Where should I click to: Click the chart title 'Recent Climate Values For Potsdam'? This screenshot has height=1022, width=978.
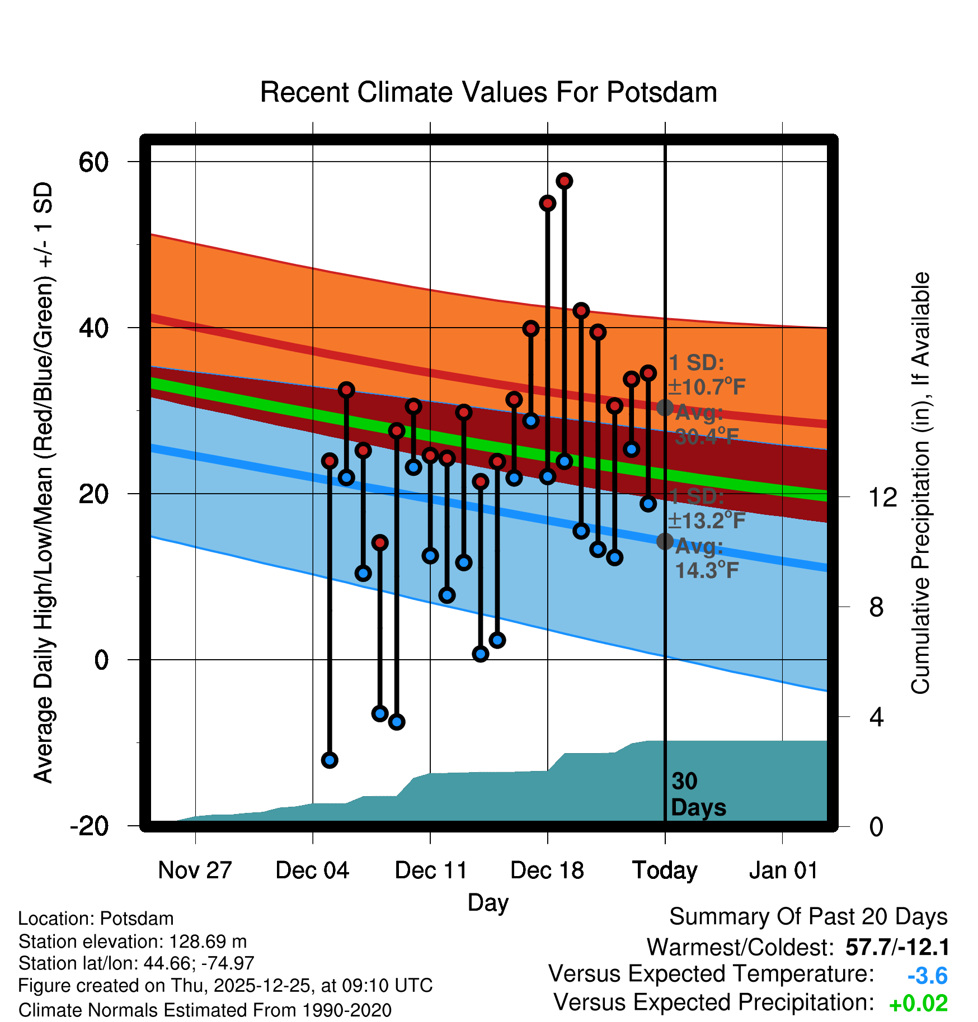coord(488,92)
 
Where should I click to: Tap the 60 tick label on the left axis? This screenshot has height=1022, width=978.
coord(94,162)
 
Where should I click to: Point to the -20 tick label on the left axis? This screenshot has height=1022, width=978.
coord(90,826)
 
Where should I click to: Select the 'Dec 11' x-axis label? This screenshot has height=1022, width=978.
coord(431,870)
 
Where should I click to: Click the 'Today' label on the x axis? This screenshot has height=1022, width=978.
coord(665,870)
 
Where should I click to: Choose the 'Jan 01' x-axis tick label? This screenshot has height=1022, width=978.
coord(783,870)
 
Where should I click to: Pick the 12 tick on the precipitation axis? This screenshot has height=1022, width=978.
coord(883,497)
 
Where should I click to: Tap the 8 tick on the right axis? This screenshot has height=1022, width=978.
coord(877,607)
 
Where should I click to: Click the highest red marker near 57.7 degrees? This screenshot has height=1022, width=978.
coord(564,181)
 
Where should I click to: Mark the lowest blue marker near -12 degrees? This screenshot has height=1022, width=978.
coord(330,760)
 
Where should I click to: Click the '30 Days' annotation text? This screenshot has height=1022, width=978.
coord(698,794)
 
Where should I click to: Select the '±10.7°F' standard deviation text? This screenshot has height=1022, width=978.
coord(707,386)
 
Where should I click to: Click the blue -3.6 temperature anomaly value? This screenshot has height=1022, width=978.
coord(927,976)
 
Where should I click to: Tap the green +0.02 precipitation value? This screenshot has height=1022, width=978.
coord(918,1004)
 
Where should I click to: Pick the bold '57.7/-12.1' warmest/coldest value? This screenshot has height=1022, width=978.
coord(897,947)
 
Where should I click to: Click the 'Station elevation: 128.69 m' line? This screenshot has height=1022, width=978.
coord(133,941)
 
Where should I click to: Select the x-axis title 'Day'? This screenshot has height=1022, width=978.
coord(488,902)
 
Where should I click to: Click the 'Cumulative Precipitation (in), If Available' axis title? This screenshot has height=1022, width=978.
coord(920,483)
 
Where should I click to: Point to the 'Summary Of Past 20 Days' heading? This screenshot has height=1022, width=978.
coord(808,917)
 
